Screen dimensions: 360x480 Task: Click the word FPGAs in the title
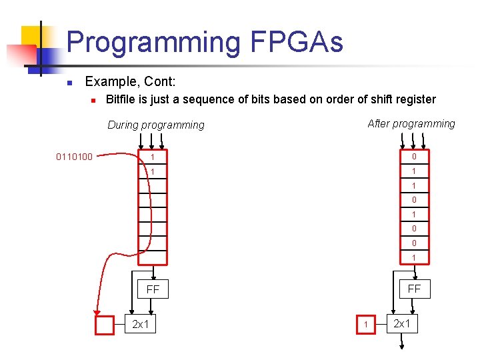click(297, 43)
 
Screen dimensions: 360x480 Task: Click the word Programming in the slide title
click(153, 43)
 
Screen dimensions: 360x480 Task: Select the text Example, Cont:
click(131, 82)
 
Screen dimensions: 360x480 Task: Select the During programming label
click(156, 125)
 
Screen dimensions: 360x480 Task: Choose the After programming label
click(411, 123)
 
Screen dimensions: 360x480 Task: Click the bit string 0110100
click(75, 157)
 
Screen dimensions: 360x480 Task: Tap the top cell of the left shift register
click(153, 157)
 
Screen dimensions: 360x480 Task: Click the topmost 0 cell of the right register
click(414, 157)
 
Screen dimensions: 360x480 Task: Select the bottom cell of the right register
click(414, 258)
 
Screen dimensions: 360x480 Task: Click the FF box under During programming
click(153, 290)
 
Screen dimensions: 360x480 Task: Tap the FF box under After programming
click(414, 289)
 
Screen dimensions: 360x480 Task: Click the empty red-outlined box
click(105, 325)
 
